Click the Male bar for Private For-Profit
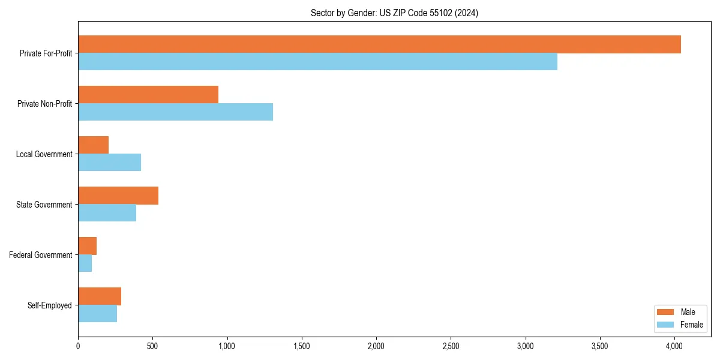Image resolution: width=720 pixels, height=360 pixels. pos(379,44)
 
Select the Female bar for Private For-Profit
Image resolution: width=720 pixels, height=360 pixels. pos(317,62)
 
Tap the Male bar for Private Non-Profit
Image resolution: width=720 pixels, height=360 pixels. pos(148,95)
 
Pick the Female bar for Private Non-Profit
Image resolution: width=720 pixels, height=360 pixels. pos(175,112)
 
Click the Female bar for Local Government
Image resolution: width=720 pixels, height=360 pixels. pos(109,163)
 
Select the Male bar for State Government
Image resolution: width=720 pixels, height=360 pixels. pos(118,196)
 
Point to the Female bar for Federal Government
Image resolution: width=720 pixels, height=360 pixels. pos(85,263)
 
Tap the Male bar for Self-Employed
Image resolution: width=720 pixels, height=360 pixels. pos(100,296)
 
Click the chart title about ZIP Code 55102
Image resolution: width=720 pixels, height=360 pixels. pos(394,13)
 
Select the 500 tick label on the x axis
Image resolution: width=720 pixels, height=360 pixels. pos(152,346)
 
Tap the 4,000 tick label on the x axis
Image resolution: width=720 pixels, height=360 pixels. pos(674,346)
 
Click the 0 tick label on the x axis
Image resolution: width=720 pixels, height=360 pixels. pos(78,346)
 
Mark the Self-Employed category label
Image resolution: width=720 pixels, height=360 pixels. pos(49,305)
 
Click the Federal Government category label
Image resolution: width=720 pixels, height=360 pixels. pos(41,255)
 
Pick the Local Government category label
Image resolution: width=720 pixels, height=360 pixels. pos(44,154)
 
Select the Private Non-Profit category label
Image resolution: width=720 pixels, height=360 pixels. pos(44,104)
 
